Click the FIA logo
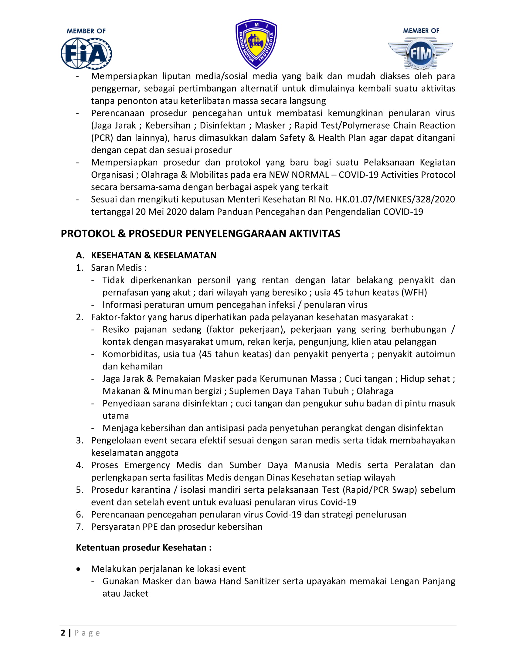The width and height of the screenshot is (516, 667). [x=86, y=53]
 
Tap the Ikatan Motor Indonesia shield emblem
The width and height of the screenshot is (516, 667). [x=256, y=44]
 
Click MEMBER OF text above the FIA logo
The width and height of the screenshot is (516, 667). [x=86, y=31]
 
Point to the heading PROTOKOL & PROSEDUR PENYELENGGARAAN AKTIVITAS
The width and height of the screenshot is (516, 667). [x=200, y=234]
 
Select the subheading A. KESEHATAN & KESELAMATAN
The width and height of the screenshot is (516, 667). [x=146, y=255]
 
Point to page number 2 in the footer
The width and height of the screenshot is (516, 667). [x=63, y=633]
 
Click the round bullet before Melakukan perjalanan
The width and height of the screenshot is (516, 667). [x=79, y=569]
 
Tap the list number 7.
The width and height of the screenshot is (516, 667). [x=80, y=527]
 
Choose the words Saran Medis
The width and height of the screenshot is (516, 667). [x=117, y=268]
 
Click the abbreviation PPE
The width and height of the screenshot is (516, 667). [x=150, y=527]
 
